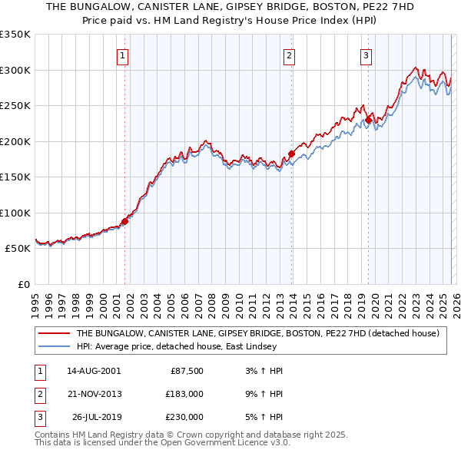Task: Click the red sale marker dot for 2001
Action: point(124,222)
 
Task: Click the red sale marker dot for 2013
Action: point(292,154)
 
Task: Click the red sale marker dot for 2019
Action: point(369,120)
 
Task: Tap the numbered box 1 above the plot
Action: point(123,55)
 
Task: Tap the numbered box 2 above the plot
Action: point(290,55)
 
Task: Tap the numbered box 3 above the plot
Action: point(366,55)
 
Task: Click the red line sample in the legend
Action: point(55,334)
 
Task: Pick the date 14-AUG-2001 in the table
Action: point(94,370)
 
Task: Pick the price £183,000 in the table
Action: point(184,393)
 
